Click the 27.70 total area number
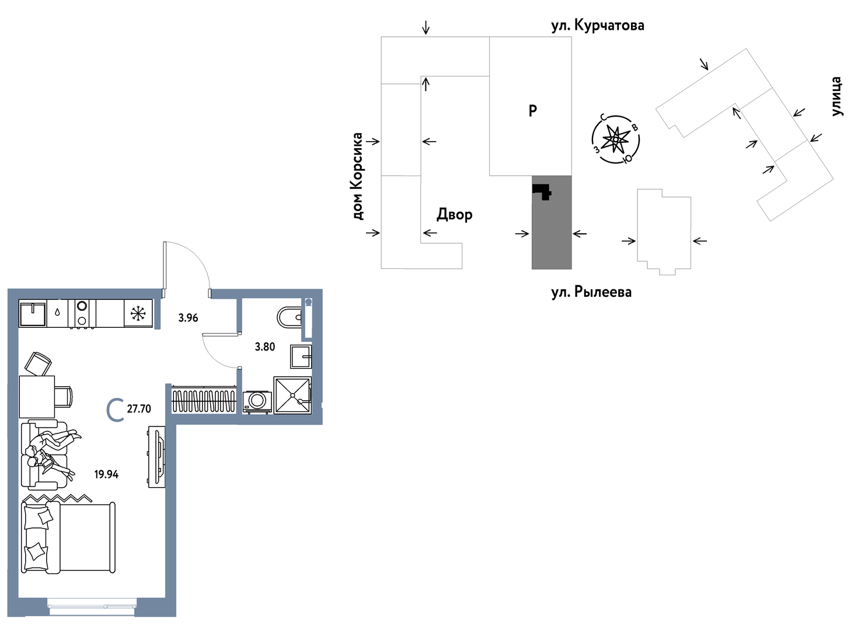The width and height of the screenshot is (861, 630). click(x=139, y=409)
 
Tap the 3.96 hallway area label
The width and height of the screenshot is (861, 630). click(x=188, y=318)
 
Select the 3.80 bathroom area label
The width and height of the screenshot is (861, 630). click(x=265, y=347)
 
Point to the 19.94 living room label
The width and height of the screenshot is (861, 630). click(x=106, y=474)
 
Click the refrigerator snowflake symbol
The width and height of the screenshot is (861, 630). click(x=138, y=313)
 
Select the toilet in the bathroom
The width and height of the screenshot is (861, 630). click(x=290, y=317)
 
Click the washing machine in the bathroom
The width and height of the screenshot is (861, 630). click(x=257, y=402)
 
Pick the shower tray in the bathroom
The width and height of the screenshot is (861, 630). click(x=292, y=395)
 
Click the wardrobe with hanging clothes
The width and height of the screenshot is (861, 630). click(x=203, y=400)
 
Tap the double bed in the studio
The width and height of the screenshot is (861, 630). click(x=68, y=538)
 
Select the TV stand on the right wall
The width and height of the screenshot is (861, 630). click(x=157, y=457)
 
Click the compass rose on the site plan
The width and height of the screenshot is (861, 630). click(x=615, y=139)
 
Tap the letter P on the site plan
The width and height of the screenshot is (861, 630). click(x=532, y=111)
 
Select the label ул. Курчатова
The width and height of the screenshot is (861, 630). click(x=598, y=25)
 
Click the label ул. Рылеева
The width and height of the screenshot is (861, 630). click(x=591, y=292)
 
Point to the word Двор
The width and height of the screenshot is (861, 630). click(x=454, y=214)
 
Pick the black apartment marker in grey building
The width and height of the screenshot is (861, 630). click(x=542, y=191)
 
